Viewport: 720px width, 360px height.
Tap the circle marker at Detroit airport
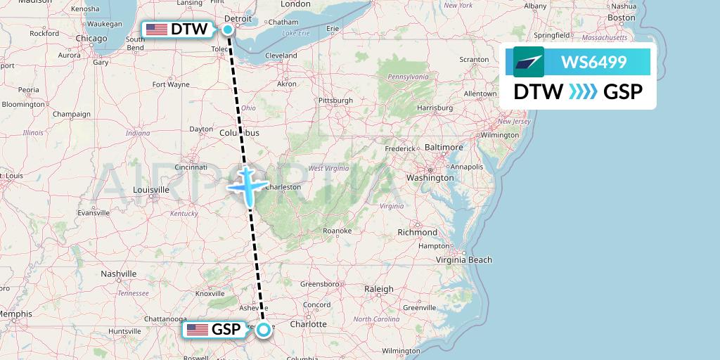[x=229, y=29]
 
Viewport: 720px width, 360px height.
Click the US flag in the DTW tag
[x=157, y=30]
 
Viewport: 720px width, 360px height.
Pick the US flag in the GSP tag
[x=198, y=330]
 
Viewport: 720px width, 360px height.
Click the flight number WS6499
[x=593, y=63]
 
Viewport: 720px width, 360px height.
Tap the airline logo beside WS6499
[x=529, y=62]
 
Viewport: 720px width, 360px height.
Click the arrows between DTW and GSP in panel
[x=583, y=91]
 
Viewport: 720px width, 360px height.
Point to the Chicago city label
[x=91, y=38]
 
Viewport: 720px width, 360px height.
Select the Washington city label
[x=430, y=178]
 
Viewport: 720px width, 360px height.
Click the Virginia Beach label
[x=463, y=260]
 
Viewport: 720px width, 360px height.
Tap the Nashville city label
[x=118, y=274]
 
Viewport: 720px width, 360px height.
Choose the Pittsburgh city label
[x=335, y=101]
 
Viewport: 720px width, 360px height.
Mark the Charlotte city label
[x=309, y=324]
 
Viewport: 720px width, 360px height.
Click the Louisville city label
[x=150, y=190]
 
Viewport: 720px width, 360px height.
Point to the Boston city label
[x=622, y=17]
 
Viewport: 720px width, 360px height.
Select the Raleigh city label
[x=379, y=289]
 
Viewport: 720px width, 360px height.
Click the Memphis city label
[x=15, y=314]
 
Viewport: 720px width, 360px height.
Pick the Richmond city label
[x=417, y=232]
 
